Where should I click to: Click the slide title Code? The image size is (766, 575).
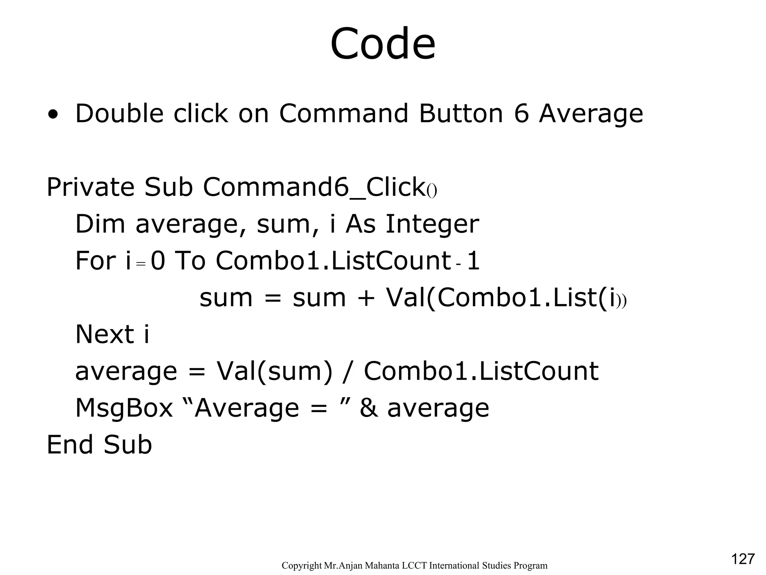383,44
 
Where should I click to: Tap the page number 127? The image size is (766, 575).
742,559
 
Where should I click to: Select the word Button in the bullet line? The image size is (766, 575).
461,113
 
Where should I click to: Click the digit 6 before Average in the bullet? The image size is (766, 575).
521,113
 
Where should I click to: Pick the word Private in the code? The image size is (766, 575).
90,187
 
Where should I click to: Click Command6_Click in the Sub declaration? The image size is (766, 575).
313,187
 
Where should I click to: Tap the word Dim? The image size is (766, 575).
100,224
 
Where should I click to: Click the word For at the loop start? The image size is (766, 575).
95,261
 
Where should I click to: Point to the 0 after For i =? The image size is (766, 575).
157,261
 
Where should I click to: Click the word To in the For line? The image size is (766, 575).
190,261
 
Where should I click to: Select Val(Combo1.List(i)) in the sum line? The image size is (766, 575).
506,298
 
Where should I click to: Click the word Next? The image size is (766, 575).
104,334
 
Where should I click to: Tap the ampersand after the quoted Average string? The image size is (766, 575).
368,408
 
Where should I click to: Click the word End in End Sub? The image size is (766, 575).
70,445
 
